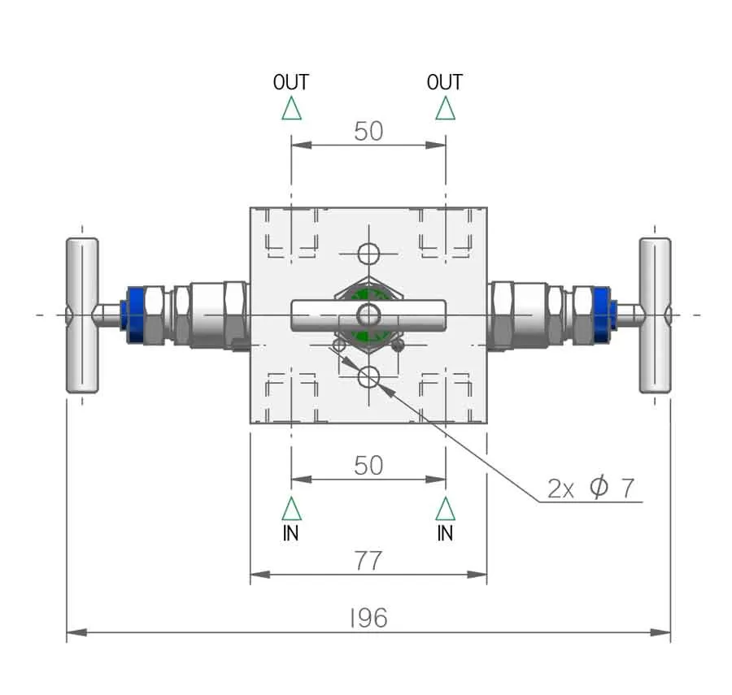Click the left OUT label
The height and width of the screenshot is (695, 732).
click(x=291, y=82)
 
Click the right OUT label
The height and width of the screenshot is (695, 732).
click(x=444, y=82)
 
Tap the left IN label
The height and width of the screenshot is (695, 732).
click(x=291, y=532)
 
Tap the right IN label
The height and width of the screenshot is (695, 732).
click(x=445, y=532)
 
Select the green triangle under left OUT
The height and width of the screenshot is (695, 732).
click(x=292, y=109)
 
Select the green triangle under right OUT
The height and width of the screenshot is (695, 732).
click(x=446, y=109)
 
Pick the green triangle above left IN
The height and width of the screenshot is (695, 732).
click(x=292, y=509)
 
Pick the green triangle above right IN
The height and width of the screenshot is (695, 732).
click(x=446, y=509)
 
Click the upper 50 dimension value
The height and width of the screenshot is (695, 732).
click(x=368, y=132)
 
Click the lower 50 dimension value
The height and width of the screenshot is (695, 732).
click(x=368, y=466)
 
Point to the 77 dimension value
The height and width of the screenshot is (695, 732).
click(x=368, y=561)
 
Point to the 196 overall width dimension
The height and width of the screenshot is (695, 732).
click(x=368, y=618)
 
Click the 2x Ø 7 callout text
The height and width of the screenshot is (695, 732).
click(x=590, y=489)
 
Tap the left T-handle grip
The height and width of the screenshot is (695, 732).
click(x=82, y=315)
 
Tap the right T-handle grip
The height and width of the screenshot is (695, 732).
click(x=655, y=315)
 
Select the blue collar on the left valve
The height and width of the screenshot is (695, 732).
click(x=133, y=315)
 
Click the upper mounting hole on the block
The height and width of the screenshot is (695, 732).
click(x=368, y=254)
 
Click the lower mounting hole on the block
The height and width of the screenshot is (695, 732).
click(x=368, y=377)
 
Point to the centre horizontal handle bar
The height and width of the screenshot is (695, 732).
click(x=368, y=315)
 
